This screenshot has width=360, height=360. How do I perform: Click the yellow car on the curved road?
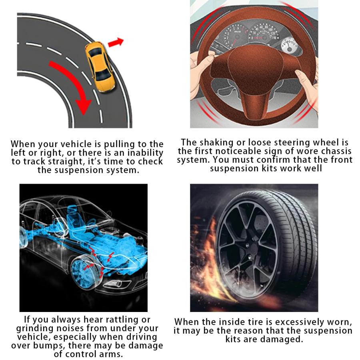pos(100,66)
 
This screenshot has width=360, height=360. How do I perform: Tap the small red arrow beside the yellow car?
pos(116,42)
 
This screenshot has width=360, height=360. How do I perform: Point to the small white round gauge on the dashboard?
pos(289,46)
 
